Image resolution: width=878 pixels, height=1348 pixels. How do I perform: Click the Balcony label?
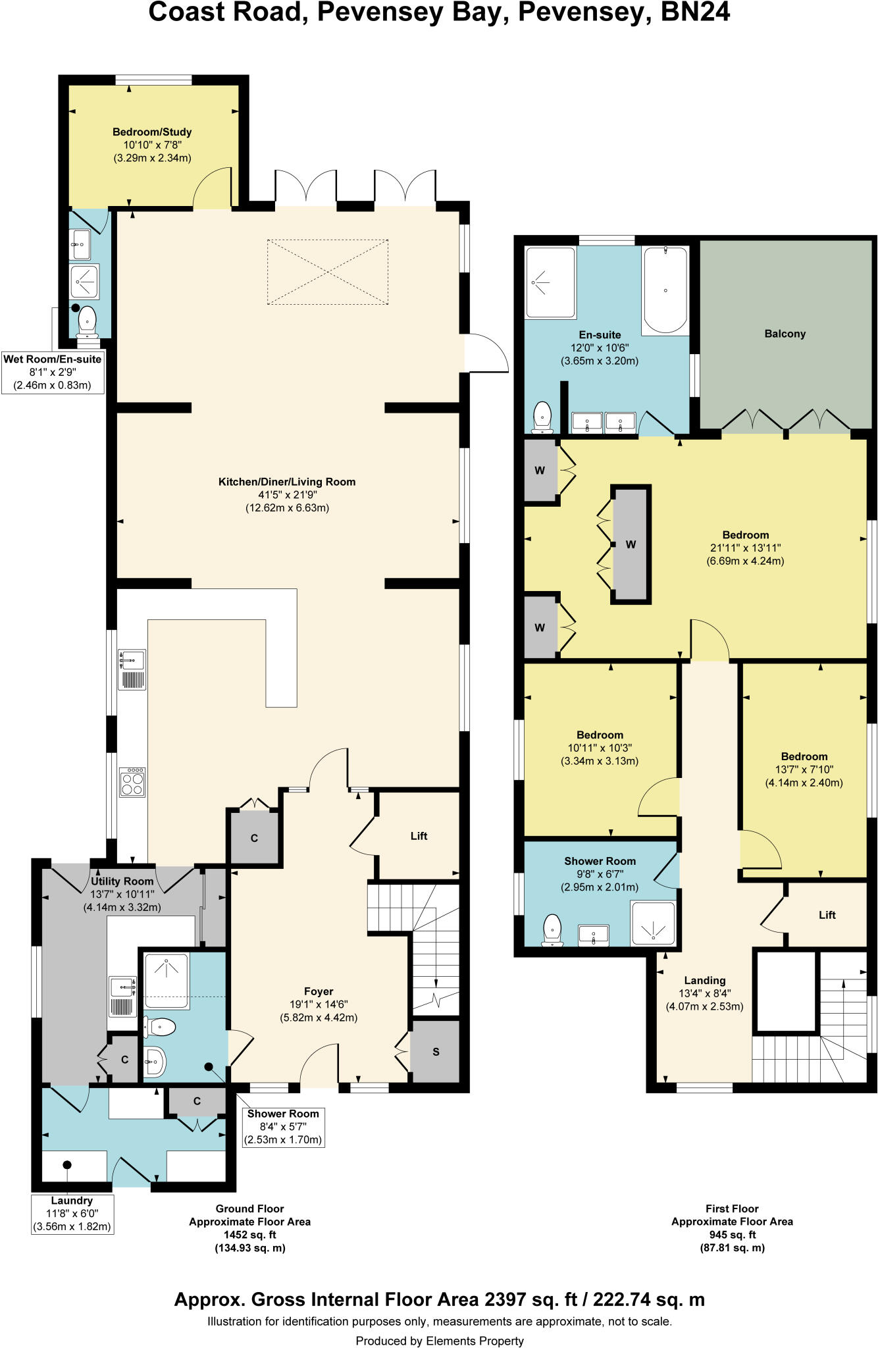coord(785,334)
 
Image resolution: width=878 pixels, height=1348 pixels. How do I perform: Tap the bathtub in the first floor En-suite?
coord(665,290)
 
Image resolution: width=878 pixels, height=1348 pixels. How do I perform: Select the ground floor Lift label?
coord(419,836)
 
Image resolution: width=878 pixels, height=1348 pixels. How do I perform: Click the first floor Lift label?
coord(827,915)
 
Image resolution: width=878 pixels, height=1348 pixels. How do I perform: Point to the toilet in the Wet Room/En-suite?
coord(87,323)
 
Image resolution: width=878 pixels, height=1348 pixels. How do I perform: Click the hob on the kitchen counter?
coord(132,782)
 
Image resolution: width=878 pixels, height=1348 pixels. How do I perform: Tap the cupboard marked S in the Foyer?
coord(435,1052)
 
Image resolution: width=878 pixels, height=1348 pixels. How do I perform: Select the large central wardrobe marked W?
coord(631,544)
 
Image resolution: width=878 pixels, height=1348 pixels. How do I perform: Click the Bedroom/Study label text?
coord(152,132)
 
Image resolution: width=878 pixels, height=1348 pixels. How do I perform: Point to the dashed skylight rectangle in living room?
coord(327,272)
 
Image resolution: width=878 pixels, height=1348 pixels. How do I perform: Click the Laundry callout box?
coord(72,1214)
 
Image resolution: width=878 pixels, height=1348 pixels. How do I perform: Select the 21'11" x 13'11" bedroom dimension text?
coord(745,548)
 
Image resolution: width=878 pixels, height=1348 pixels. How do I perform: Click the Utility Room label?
coord(122,881)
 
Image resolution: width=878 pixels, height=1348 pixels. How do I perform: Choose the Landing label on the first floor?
coord(704,980)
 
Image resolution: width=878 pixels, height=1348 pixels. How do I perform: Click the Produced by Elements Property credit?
coord(439,1341)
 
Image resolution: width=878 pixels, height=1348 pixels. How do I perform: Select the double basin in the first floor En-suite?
coord(604,422)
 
